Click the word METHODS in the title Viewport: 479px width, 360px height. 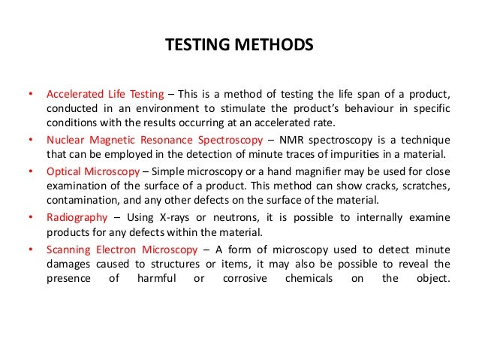[x=273, y=46]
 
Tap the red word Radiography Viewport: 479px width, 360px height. [x=74, y=217]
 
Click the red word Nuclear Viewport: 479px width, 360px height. [x=66, y=141]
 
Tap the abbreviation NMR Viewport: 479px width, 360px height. [x=288, y=141]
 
